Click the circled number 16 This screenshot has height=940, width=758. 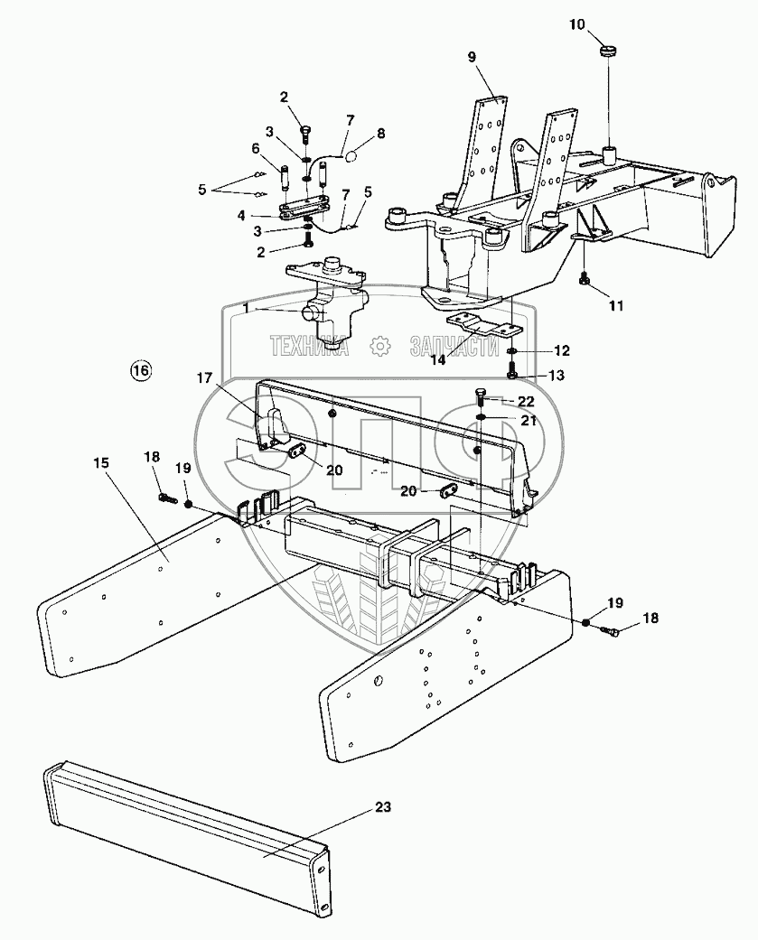(x=140, y=370)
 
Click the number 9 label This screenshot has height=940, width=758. (x=471, y=56)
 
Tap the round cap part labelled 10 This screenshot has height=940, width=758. (x=608, y=48)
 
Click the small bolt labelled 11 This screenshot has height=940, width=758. (x=585, y=282)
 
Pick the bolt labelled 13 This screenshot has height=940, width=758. (x=512, y=372)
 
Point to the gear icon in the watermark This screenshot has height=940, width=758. (x=381, y=345)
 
